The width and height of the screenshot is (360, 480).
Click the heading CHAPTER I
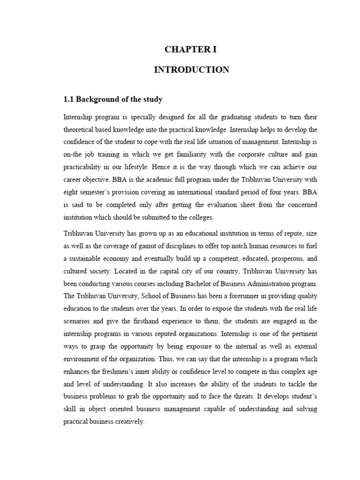(192, 50)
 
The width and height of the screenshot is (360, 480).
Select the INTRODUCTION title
(192, 70)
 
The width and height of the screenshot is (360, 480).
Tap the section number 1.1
(68, 99)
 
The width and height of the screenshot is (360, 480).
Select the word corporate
(264, 154)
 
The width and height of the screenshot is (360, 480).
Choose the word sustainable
(88, 258)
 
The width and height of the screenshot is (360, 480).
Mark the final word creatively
(128, 422)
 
